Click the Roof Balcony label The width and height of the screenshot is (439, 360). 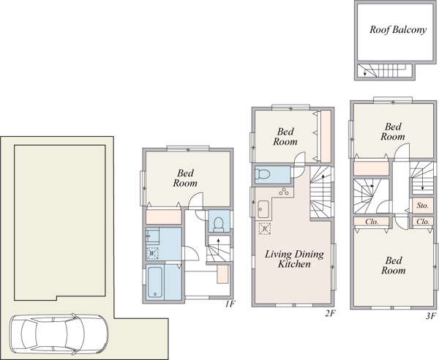pos(398,29)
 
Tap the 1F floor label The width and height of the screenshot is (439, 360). pos(230,304)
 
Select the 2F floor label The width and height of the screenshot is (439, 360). pos(330,313)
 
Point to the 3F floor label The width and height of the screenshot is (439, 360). pos(431,316)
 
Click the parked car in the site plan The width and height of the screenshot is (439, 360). pos(59,334)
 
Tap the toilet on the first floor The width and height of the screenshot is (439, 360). pos(219,225)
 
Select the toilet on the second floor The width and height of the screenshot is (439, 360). pos(263,175)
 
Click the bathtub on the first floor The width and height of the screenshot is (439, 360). pos(155,282)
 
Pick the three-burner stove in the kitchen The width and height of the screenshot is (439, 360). pos(284,192)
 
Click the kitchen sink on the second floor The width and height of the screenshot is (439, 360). pos(263,209)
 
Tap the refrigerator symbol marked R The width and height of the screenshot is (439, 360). pos(265,229)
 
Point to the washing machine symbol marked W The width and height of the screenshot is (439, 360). pos(152,253)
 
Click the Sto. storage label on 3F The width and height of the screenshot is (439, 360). pos(422,206)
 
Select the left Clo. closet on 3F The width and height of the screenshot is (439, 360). pos(372,222)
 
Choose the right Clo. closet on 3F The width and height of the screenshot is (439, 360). pos(423,222)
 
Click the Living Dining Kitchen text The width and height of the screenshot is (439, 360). pos(294,259)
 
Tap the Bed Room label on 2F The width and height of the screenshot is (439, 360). pos(285,137)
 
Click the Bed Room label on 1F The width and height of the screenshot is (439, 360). pos(185,178)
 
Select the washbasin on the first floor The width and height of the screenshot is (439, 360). pos(152,236)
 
